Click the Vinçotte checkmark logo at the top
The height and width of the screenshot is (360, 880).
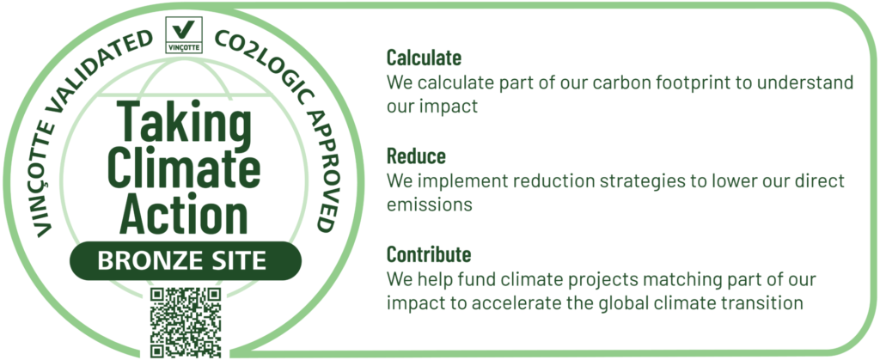coord(184,34)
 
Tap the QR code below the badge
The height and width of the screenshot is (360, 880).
coord(186,323)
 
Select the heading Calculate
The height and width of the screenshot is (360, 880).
coord(424,58)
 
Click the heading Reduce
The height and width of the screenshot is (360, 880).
coord(416,156)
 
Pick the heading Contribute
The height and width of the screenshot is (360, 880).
coord(428,254)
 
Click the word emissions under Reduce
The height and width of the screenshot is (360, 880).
coord(430,205)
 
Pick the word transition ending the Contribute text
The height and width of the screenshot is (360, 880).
coord(762,303)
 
